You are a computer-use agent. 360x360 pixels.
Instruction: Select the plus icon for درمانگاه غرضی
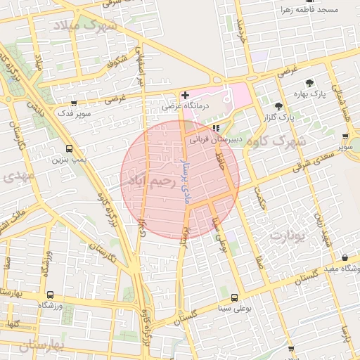coord(185,95)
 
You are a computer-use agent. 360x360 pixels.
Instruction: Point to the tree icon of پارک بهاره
coord(309,82)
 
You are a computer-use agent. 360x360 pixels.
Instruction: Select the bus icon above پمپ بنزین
coord(69,148)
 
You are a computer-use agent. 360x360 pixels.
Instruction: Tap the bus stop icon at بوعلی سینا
coord(234,297)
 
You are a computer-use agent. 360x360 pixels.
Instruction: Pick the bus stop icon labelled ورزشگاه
coord(49,295)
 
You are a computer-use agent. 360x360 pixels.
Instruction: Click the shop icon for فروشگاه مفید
coord(345,258)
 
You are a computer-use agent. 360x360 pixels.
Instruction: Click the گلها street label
coord(11,324)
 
